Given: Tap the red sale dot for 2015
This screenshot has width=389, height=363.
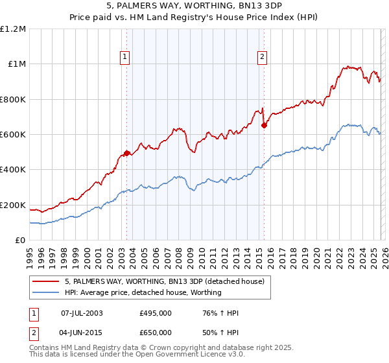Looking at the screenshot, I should [264, 125].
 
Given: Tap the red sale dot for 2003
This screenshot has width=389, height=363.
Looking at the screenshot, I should [127, 153].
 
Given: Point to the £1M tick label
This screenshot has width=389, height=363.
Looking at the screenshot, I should [16, 64].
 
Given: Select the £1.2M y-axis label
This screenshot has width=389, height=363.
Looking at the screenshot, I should [13, 29].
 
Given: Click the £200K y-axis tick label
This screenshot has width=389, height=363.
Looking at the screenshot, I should [13, 205].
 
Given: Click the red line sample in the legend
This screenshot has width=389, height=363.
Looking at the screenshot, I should [45, 282].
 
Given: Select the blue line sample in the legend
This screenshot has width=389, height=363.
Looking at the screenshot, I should [45, 292].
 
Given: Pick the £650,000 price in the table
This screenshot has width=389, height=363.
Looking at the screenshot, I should [155, 331].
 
